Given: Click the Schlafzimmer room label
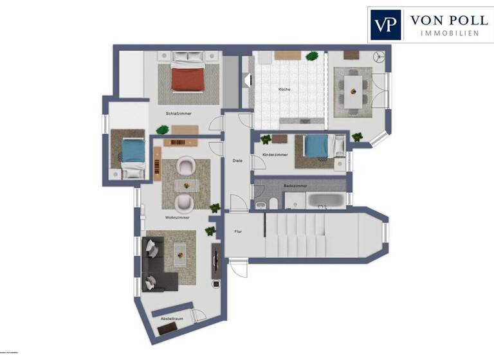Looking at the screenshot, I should (x=178, y=114).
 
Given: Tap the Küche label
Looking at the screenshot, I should (x=284, y=89).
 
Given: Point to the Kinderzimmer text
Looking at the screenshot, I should (x=275, y=155).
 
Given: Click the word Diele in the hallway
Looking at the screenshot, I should (x=237, y=160).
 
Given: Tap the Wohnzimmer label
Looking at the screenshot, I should (x=176, y=217).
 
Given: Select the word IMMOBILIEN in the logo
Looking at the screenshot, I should (x=448, y=33).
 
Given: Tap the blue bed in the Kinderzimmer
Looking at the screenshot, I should (x=316, y=147).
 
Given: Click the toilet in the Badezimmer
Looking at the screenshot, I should (x=274, y=204).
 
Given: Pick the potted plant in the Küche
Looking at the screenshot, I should (x=312, y=56).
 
